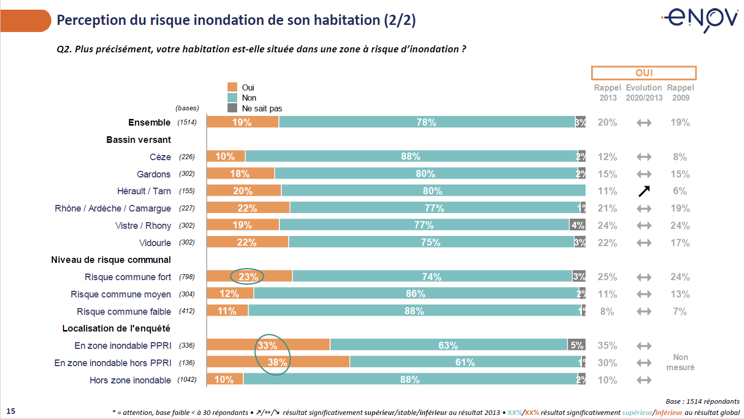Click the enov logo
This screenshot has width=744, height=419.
pyautogui.click(x=701, y=19)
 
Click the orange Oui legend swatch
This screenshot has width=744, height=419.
pyautogui.click(x=232, y=87)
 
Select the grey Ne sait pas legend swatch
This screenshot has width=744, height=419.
pyautogui.click(x=232, y=108)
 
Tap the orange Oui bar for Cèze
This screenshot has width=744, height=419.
pyautogui.click(x=226, y=156)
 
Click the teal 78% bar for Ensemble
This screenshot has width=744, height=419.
pyautogui.click(x=427, y=122)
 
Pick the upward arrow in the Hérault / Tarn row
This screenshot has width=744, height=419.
pyautogui.click(x=644, y=191)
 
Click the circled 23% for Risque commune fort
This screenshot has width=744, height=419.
pyautogui.click(x=248, y=277)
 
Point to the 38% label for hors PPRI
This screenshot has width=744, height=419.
pyautogui.click(x=277, y=362)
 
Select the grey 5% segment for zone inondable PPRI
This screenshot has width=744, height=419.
pyautogui.click(x=576, y=345)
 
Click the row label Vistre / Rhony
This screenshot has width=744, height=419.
pyautogui.click(x=143, y=225)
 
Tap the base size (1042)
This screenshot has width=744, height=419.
pyautogui.click(x=186, y=380)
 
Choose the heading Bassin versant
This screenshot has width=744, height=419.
pyautogui.click(x=138, y=139)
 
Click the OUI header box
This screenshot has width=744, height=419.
pyautogui.click(x=643, y=73)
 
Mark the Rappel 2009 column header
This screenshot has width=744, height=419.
pyautogui.click(x=681, y=93)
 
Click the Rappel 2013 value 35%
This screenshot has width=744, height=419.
pyautogui.click(x=607, y=346)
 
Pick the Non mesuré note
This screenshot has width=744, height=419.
pyautogui.click(x=680, y=362)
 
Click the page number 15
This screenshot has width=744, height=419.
pyautogui.click(x=11, y=411)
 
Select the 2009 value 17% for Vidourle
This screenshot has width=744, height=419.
pyautogui.click(x=680, y=243)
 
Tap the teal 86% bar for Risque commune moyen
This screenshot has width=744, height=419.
pyautogui.click(x=415, y=294)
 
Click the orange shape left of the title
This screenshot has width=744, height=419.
pyautogui.click(x=25, y=20)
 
